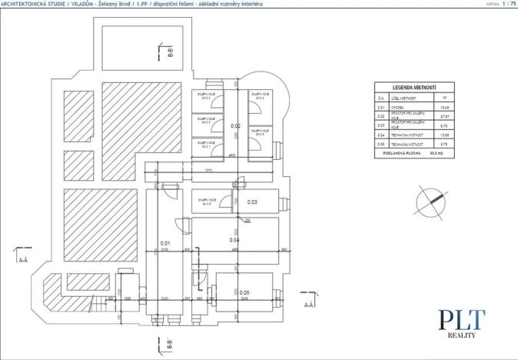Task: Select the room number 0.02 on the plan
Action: (236, 125)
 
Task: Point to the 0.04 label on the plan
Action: (235, 239)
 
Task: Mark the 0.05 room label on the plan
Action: (244, 292)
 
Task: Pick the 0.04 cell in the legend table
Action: (380, 134)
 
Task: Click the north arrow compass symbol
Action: (430, 202)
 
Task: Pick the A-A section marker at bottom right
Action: (309, 305)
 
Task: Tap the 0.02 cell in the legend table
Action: (380, 116)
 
